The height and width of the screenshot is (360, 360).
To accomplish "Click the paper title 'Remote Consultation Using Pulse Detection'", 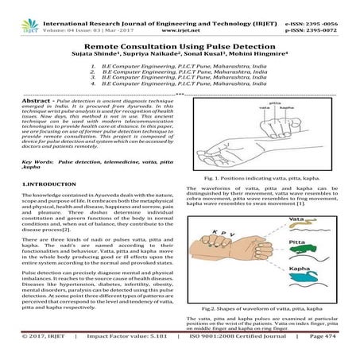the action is point(180,48).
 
